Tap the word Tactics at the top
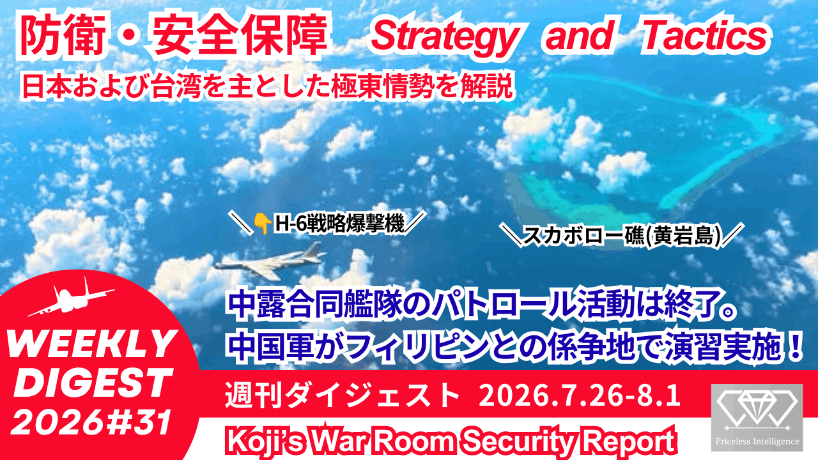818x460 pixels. (x=706, y=35)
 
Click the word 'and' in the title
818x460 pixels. (x=580, y=35)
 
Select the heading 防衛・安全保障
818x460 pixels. (x=173, y=35)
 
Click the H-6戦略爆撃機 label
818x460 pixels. (x=339, y=224)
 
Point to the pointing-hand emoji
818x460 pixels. (x=263, y=224)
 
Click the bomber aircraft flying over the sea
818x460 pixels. (x=270, y=261)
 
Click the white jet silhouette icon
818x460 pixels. (x=72, y=298)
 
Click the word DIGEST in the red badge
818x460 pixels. (x=93, y=382)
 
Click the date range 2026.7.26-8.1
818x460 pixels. (x=580, y=395)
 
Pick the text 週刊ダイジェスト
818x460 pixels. (x=341, y=395)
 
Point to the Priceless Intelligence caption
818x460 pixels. (x=757, y=441)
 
